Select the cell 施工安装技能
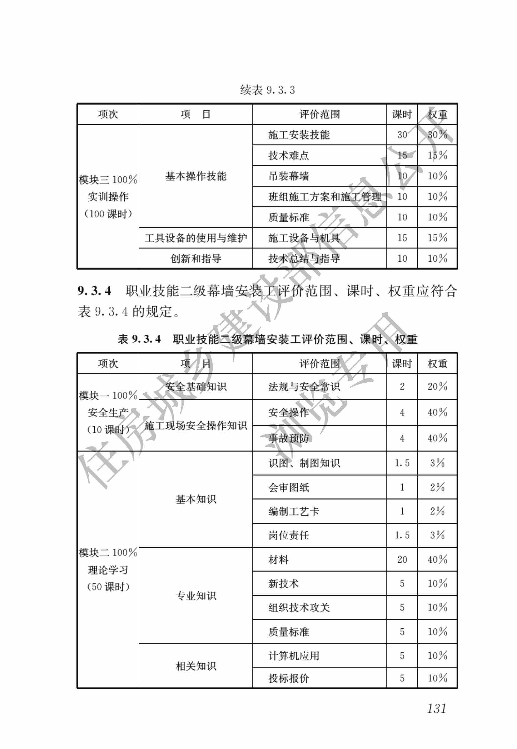(x=299, y=135)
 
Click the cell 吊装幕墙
(x=288, y=176)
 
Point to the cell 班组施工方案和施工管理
(x=325, y=197)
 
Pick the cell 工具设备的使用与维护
(x=196, y=238)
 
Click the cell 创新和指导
(x=196, y=259)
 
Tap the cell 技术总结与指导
(x=304, y=259)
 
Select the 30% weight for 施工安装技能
(x=437, y=135)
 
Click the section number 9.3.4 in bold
(x=94, y=291)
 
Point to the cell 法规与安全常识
(x=304, y=387)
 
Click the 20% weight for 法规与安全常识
(x=437, y=387)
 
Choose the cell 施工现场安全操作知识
(x=196, y=425)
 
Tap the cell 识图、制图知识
(x=304, y=463)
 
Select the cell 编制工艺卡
(x=293, y=511)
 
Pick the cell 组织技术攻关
(x=299, y=607)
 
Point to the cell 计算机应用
(x=293, y=656)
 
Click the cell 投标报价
(x=288, y=678)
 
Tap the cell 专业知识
(x=196, y=596)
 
